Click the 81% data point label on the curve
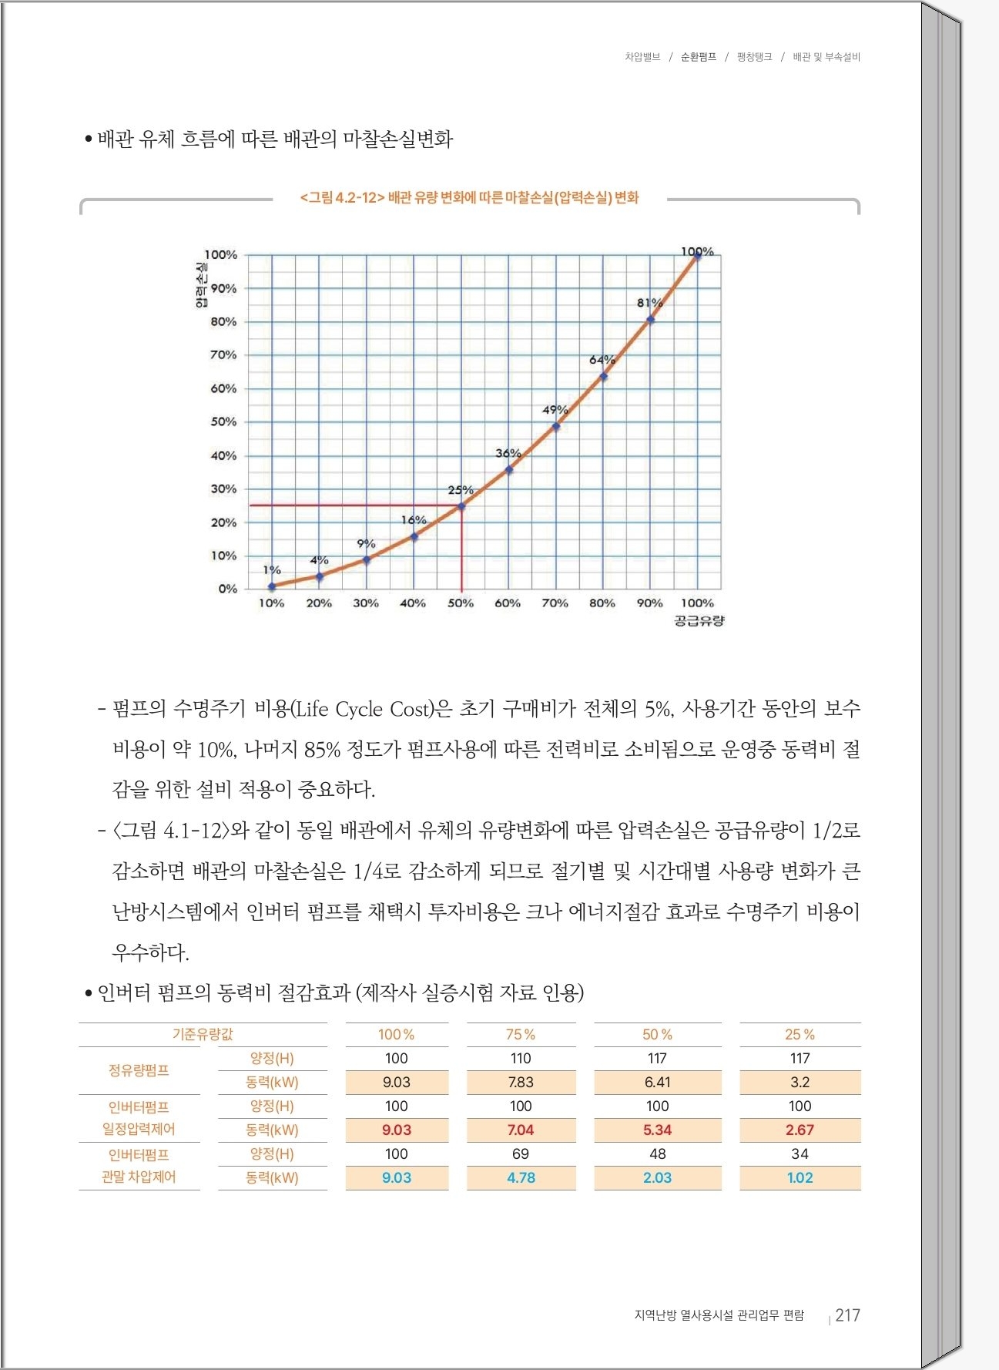(x=649, y=303)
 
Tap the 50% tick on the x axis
(x=461, y=603)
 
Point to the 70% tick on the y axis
(x=223, y=355)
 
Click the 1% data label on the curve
(x=272, y=570)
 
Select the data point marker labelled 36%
(x=508, y=469)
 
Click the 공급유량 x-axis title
(x=699, y=621)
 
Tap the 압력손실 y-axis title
(x=201, y=286)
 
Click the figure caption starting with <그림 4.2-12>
(x=469, y=198)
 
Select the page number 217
(x=847, y=1315)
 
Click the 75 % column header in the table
(x=521, y=1034)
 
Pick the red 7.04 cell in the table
(x=521, y=1130)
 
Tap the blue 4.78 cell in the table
(x=521, y=1177)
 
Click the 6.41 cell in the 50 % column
(x=657, y=1082)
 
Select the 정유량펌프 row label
(x=139, y=1070)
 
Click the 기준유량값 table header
(x=203, y=1034)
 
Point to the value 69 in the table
(x=521, y=1153)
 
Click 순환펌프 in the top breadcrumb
(x=698, y=57)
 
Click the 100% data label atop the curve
(x=697, y=251)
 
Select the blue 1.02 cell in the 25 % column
(x=800, y=1177)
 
